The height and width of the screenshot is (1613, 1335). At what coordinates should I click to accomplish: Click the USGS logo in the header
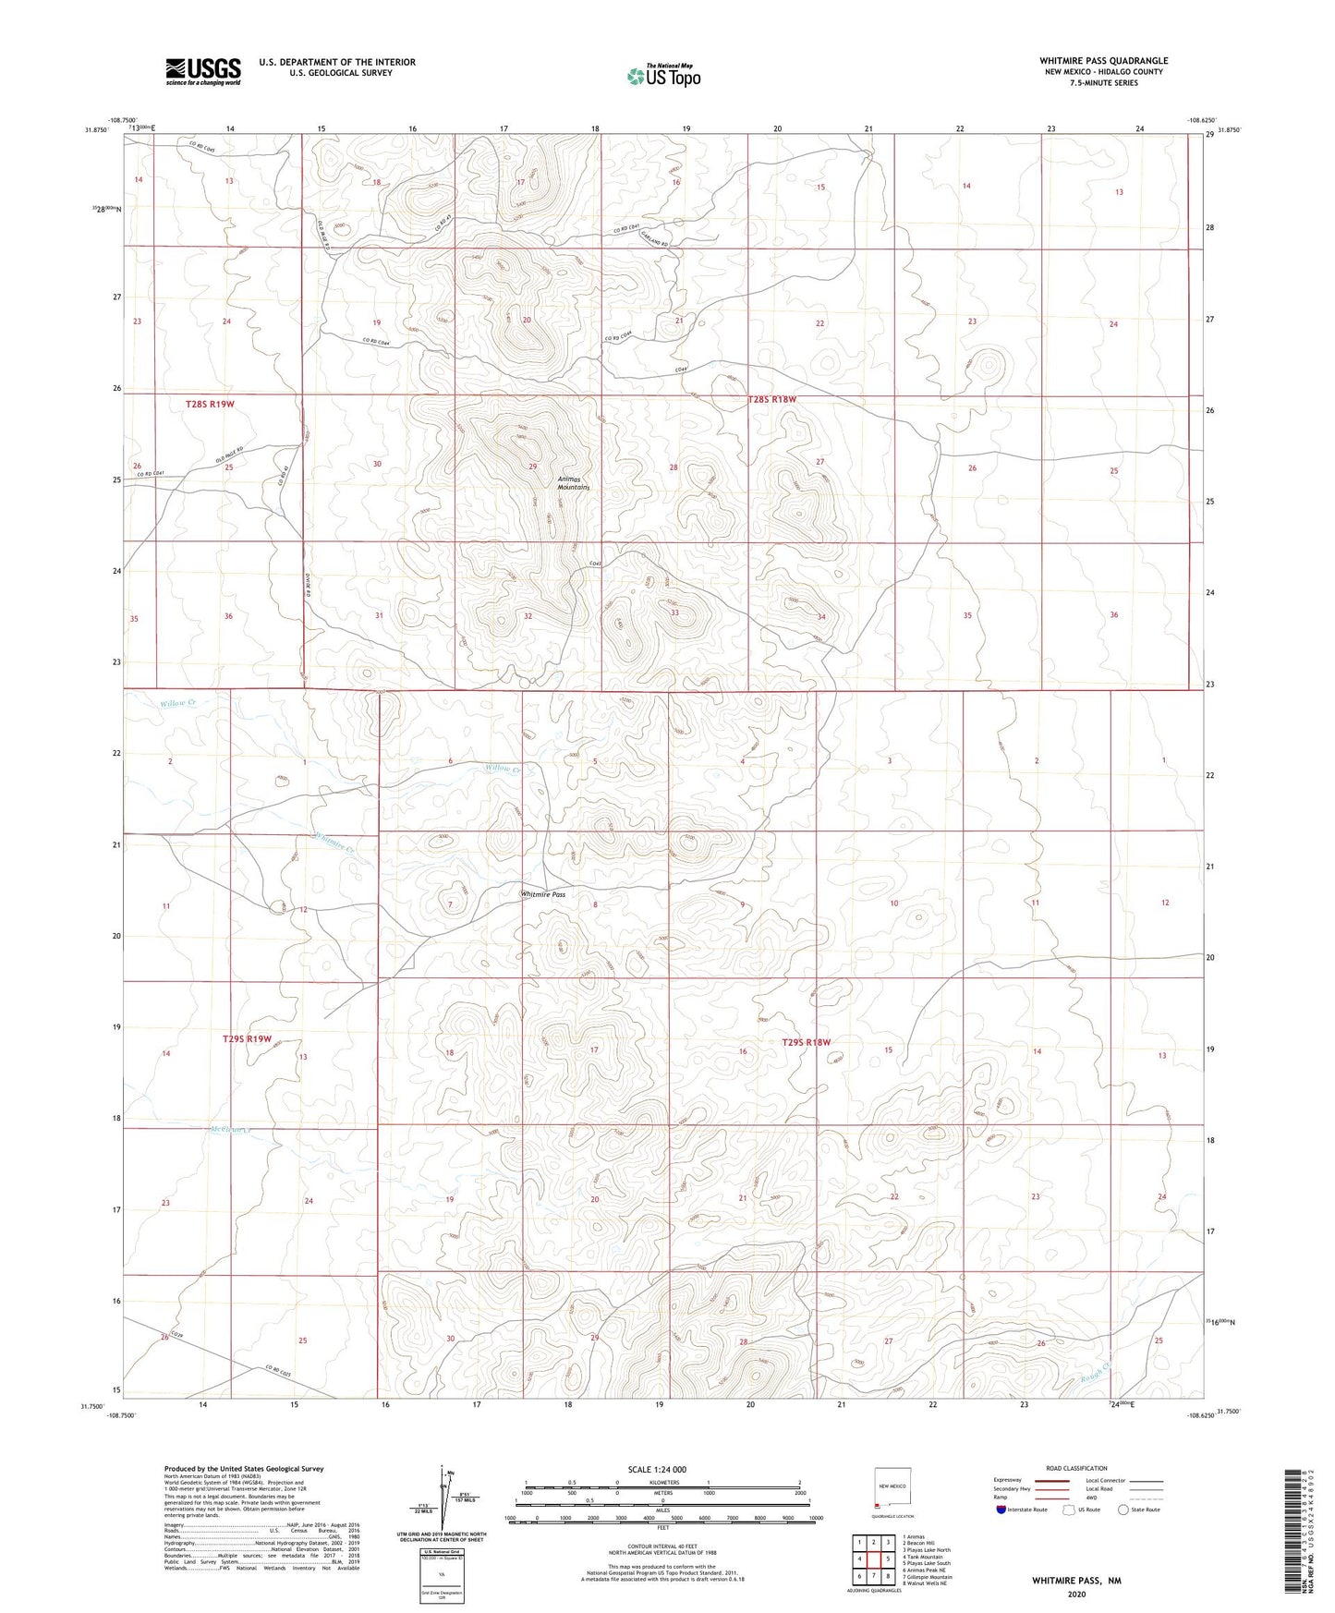point(203,71)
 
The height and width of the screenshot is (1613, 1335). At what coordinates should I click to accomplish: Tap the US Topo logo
point(662,76)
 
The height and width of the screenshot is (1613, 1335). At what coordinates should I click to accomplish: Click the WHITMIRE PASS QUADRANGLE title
point(1103,61)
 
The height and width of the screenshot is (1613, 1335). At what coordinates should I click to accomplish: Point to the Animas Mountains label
point(574,482)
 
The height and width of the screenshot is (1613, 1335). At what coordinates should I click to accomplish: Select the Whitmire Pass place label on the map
point(543,894)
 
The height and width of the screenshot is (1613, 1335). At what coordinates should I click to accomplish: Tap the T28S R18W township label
point(771,399)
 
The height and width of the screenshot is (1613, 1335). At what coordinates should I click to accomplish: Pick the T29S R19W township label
point(247,1038)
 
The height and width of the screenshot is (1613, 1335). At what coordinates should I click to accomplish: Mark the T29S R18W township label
point(807,1042)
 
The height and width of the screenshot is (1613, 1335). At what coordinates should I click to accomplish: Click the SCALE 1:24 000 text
point(657,1469)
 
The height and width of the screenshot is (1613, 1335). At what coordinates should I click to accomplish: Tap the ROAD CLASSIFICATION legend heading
point(1076,1468)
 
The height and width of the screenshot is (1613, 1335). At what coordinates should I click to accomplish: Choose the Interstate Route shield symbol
point(1001,1510)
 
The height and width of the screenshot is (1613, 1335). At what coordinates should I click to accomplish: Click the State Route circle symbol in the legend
point(1123,1510)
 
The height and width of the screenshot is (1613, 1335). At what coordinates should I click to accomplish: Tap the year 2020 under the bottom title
point(1076,1594)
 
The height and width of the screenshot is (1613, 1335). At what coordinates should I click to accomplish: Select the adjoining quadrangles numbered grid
point(873,1558)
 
